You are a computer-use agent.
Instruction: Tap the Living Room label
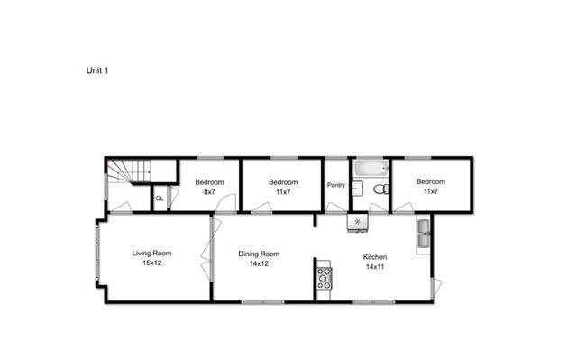pyautogui.click(x=151, y=253)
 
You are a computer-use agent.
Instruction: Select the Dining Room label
pyautogui.click(x=259, y=254)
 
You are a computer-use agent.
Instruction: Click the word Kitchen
pyautogui.click(x=375, y=255)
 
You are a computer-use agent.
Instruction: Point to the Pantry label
pyautogui.click(x=335, y=185)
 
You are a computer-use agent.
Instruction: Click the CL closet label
pyautogui.click(x=160, y=198)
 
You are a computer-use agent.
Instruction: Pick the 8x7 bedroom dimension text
pyautogui.click(x=209, y=192)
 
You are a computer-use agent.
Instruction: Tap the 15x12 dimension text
pyautogui.click(x=151, y=264)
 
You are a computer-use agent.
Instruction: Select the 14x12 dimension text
pyautogui.click(x=259, y=265)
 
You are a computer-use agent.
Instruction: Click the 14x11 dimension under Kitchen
pyautogui.click(x=375, y=267)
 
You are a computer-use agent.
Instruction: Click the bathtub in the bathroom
pyautogui.click(x=369, y=168)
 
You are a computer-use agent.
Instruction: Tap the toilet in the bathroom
pyautogui.click(x=380, y=189)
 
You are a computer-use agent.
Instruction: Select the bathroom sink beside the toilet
pyautogui.click(x=356, y=189)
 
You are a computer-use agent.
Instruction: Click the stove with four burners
pyautogui.click(x=324, y=278)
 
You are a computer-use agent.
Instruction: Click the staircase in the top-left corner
pyautogui.click(x=128, y=171)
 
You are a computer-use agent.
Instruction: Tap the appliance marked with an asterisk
pyautogui.click(x=358, y=221)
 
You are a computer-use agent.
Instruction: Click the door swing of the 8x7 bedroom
pyautogui.click(x=226, y=203)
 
